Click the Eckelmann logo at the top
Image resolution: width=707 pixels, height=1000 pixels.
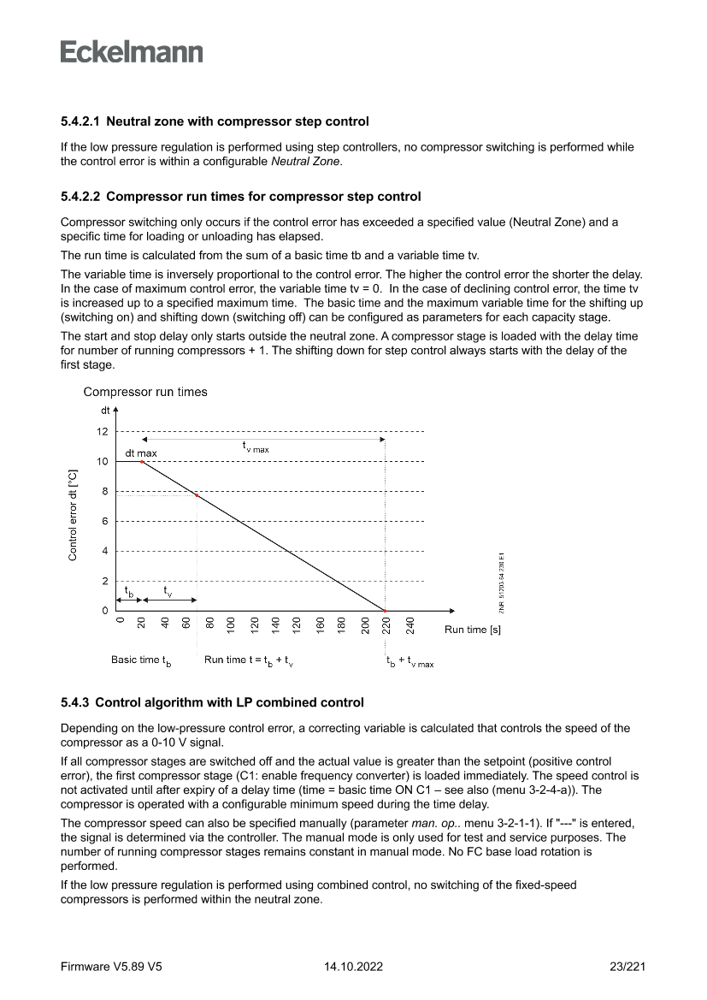click(132, 51)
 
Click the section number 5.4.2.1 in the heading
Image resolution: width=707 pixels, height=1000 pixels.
click(80, 122)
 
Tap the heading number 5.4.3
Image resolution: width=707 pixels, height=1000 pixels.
click(74, 702)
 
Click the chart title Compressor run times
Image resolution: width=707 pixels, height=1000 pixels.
click(144, 392)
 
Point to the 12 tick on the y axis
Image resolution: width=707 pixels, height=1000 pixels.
click(103, 432)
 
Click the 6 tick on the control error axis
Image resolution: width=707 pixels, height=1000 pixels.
click(104, 521)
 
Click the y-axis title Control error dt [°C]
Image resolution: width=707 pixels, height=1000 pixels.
click(73, 514)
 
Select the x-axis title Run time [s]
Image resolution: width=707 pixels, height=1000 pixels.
click(472, 630)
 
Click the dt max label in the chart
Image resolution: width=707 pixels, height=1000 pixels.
click(141, 453)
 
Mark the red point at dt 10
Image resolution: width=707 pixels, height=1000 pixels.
click(142, 462)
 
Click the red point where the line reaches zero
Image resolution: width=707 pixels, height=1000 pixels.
click(385, 611)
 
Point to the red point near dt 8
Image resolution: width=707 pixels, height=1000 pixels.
click(197, 495)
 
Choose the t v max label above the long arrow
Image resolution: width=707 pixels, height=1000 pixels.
click(256, 447)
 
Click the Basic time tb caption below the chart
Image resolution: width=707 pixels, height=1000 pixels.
click(141, 660)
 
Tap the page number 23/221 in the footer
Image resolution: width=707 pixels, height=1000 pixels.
click(624, 967)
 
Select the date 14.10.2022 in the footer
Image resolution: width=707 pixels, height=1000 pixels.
click(353, 967)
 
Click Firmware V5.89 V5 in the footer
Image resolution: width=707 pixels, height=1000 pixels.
click(111, 967)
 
